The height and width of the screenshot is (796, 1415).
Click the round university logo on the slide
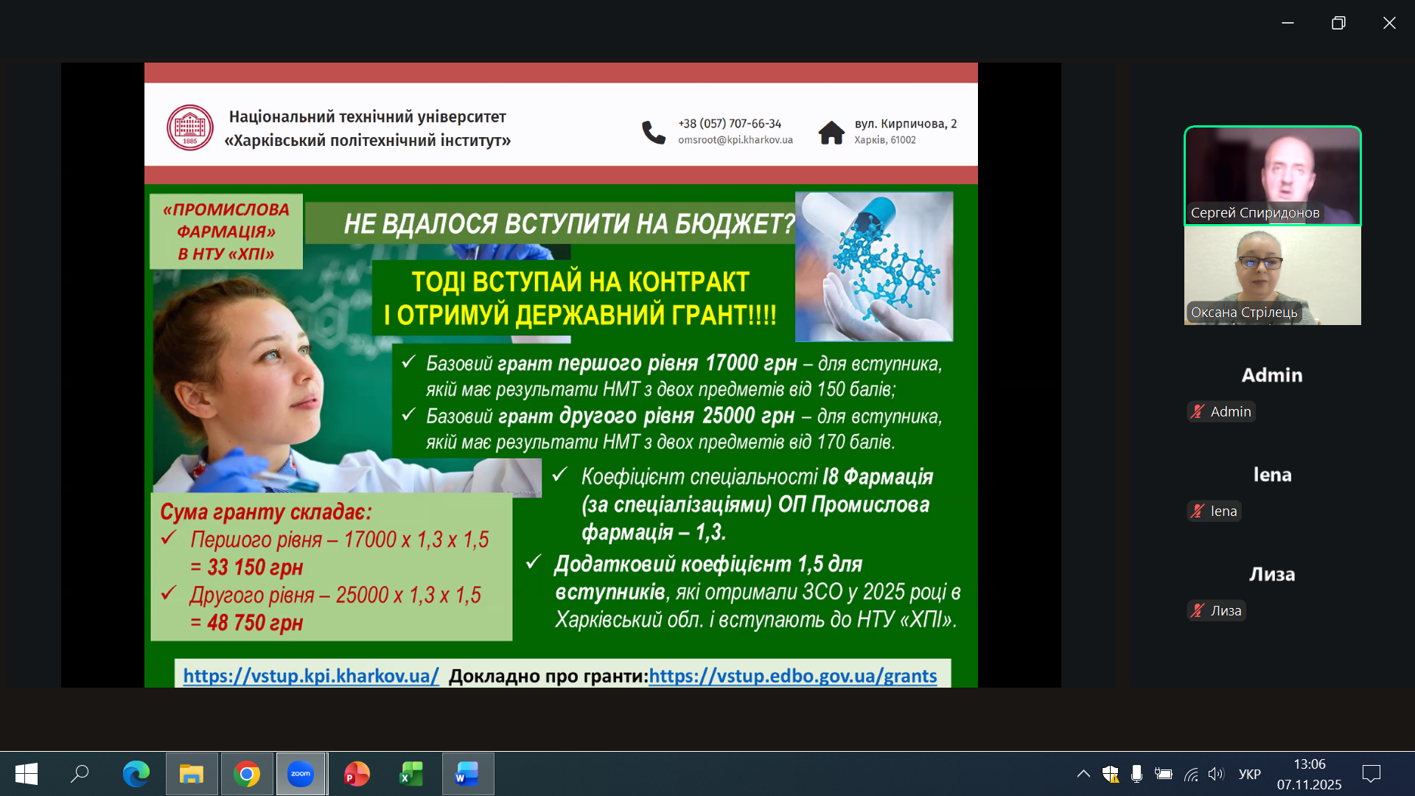pyautogui.click(x=190, y=128)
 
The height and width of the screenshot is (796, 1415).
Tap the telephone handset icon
pyautogui.click(x=654, y=132)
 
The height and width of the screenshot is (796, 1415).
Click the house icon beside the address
pyautogui.click(x=831, y=132)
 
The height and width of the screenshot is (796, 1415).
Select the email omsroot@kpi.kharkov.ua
pyautogui.click(x=736, y=140)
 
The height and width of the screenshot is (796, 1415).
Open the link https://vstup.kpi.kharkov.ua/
pyautogui.click(x=311, y=676)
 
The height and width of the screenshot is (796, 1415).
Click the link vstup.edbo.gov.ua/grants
pyautogui.click(x=793, y=676)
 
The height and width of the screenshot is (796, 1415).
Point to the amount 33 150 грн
pyautogui.click(x=255, y=568)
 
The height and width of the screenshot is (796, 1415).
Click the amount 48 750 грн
pyautogui.click(x=255, y=623)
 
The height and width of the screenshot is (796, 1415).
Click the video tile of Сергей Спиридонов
pyautogui.click(x=1273, y=176)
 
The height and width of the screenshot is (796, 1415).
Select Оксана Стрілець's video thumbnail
pyautogui.click(x=1273, y=276)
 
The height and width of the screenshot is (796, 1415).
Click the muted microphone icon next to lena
pyautogui.click(x=1198, y=511)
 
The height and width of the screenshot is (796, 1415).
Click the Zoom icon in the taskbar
pyautogui.click(x=301, y=774)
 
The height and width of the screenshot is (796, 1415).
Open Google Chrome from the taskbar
pyautogui.click(x=247, y=774)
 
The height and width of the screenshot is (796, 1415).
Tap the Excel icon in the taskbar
pyautogui.click(x=411, y=774)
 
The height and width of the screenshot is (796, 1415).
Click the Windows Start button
pyautogui.click(x=27, y=774)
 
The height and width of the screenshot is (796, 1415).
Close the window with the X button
pyautogui.click(x=1389, y=23)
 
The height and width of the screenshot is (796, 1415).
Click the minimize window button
pyautogui.click(x=1288, y=23)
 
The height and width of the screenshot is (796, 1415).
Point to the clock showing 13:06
pyautogui.click(x=1310, y=764)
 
